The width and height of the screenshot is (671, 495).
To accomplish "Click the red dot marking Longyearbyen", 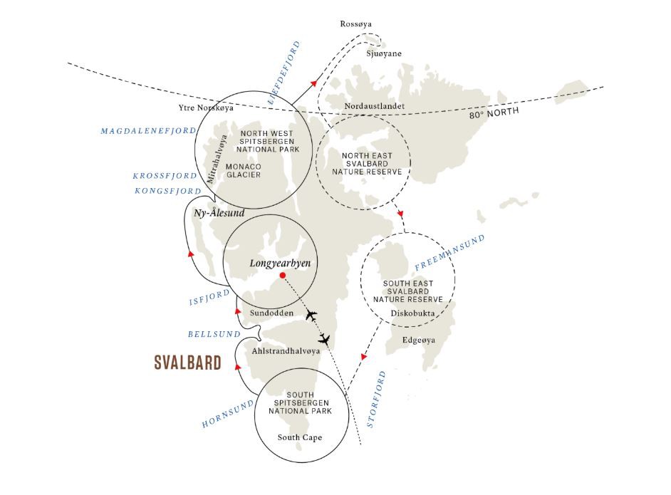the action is [x=283, y=275].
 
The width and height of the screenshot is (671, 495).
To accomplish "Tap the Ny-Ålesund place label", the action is [x=219, y=213].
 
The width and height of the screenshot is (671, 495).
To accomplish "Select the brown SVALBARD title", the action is [x=188, y=363].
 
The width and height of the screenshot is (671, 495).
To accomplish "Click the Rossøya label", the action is [x=355, y=24].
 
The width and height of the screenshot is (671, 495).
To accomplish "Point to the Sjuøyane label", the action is [x=384, y=53].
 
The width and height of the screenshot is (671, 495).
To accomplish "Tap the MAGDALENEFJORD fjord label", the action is [x=148, y=131].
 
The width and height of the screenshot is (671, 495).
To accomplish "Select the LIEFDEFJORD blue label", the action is [x=284, y=73].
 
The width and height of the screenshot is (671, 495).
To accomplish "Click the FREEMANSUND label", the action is [x=449, y=252].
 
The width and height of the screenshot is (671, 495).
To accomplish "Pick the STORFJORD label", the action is [x=377, y=399].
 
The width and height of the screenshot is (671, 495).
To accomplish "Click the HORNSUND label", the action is [x=228, y=414].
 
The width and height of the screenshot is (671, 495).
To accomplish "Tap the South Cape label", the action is [x=300, y=437].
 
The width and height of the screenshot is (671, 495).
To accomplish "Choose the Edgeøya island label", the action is [x=419, y=340].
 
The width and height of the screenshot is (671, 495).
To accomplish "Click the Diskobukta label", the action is [x=412, y=313].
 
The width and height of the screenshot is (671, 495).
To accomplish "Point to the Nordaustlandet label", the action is [x=375, y=105].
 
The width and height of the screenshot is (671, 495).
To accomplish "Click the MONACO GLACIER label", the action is [x=244, y=170].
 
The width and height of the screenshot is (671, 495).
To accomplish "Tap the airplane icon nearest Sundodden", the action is [x=311, y=316].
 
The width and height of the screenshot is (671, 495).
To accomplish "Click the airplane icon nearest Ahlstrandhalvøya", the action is [x=325, y=340].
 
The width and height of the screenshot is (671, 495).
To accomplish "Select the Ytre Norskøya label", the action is [x=207, y=108].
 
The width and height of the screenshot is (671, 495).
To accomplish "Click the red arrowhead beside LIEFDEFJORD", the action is [x=314, y=83].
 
